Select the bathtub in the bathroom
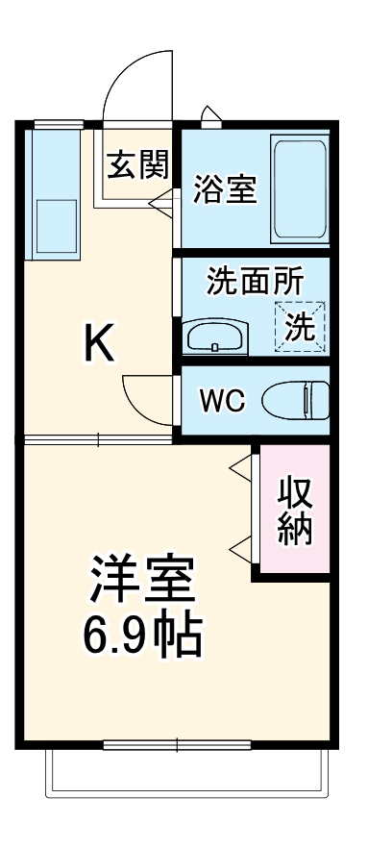coord(299,187)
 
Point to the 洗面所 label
coord(255,282)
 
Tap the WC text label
coord(222,401)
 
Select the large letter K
coord(99,343)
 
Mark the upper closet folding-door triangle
coord(240,467)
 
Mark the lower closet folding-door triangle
coord(240,549)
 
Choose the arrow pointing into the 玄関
coord(161,202)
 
